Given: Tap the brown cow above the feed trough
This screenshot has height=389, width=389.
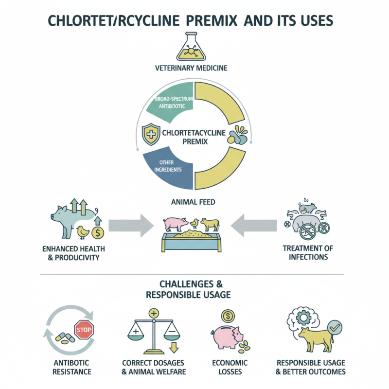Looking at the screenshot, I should pyautogui.click(x=210, y=224).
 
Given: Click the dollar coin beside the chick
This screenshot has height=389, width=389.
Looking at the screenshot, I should pyautogui.click(x=98, y=233).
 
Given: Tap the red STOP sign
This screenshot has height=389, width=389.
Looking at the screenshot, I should pyautogui.click(x=84, y=330).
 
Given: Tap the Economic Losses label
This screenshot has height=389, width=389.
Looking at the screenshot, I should pyautogui.click(x=230, y=367).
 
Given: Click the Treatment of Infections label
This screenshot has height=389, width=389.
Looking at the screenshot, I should pyautogui.click(x=308, y=252).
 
